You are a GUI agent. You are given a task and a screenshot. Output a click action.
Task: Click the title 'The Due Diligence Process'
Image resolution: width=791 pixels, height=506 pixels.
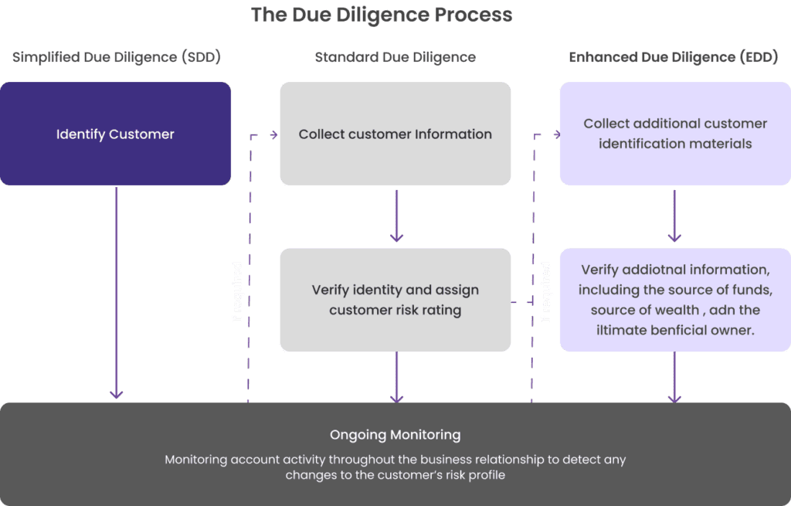click(x=381, y=15)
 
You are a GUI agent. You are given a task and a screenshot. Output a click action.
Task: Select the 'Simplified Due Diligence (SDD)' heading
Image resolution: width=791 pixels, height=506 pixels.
click(x=115, y=58)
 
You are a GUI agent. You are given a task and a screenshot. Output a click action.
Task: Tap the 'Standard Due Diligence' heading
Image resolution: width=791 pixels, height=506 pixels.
click(x=395, y=58)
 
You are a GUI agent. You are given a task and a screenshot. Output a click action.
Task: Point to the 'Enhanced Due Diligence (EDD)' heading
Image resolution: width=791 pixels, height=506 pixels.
click(x=674, y=58)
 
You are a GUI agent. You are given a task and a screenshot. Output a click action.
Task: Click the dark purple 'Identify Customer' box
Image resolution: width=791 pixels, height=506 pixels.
click(x=115, y=134)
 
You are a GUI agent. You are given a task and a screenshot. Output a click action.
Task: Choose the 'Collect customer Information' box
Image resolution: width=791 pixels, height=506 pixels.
click(x=395, y=134)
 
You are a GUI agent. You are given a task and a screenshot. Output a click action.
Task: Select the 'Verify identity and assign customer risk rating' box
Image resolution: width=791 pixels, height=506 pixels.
click(x=395, y=300)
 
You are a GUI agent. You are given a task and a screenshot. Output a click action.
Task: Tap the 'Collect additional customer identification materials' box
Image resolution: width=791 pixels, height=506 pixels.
click(x=674, y=134)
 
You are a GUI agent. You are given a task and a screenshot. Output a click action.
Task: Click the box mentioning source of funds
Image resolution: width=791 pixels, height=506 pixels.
click(x=674, y=300)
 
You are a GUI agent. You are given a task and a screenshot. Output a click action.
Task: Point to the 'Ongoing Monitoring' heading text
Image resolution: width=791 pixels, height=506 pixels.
click(x=395, y=435)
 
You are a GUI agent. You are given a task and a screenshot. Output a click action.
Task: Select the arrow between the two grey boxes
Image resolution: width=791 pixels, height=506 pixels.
click(x=396, y=216)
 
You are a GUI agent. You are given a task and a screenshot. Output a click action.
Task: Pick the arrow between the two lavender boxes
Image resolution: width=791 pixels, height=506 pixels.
click(x=674, y=216)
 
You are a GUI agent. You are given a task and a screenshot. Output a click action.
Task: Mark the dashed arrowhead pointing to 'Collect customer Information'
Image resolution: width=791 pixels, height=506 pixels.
click(x=273, y=135)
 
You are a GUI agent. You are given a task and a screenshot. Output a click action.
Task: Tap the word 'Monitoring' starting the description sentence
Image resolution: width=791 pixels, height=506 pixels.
click(x=195, y=460)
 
